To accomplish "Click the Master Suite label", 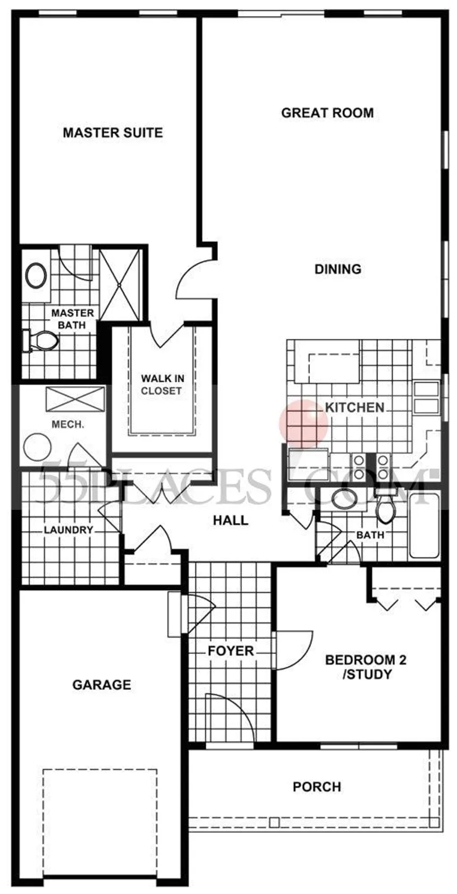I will point(113,132).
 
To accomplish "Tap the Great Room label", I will point(327,113).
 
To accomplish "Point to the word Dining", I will point(338,269).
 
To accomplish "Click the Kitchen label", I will point(354,407).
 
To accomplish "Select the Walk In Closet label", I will point(162,385).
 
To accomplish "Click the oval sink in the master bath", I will point(36,276).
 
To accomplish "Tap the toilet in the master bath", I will point(40,340).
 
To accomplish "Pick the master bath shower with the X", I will point(121,284).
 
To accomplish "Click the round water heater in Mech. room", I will point(38,447).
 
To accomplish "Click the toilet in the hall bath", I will point(384,508).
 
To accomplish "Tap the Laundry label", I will point(68,530).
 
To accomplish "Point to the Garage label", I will point(101,685).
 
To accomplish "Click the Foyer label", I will point(231,651).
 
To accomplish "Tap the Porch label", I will point(317,786).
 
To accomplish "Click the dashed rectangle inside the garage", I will point(99,810).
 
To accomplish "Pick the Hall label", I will point(231,520).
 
